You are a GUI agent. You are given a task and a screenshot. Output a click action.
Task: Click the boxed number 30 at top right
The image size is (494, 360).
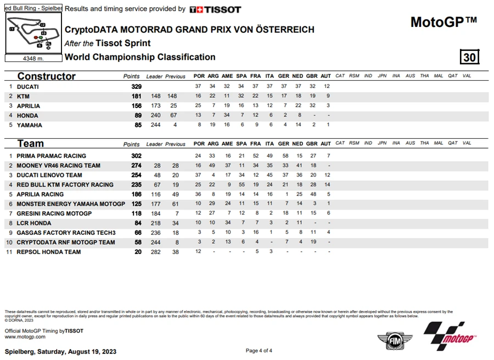pyautogui.click(x=469, y=57)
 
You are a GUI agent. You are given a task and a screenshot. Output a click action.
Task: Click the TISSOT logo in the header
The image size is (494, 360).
pyautogui.click(x=215, y=9)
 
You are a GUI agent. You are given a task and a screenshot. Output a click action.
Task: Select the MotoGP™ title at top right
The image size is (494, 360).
pyautogui.click(x=444, y=22)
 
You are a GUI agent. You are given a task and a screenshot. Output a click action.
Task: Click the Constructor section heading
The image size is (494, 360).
pyautogui.click(x=46, y=76)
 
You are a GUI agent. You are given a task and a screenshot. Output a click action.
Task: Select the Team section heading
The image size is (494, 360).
pyautogui.click(x=31, y=144)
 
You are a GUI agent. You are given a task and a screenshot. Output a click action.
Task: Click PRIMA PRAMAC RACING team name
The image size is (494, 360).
pyautogui.click(x=51, y=156)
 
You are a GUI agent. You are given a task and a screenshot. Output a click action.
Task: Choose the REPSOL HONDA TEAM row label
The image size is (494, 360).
pyautogui.click(x=48, y=252)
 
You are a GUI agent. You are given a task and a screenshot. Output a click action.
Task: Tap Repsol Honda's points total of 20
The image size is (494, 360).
pyautogui.click(x=138, y=252)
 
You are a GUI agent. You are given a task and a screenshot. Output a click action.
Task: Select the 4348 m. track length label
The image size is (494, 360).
pyautogui.click(x=33, y=58)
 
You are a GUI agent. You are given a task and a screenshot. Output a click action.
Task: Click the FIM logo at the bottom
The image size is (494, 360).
pyautogui.click(x=390, y=340)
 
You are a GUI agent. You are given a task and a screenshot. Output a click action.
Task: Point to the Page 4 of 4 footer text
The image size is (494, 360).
pyautogui.click(x=259, y=351)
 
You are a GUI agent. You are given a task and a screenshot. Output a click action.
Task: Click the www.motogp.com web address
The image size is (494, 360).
pyautogui.click(x=25, y=336)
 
